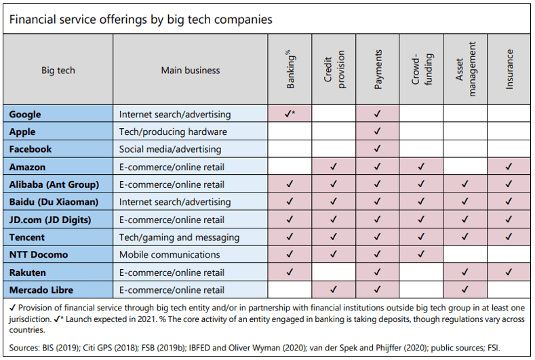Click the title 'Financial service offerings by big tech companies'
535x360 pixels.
click(140, 19)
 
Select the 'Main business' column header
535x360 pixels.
click(191, 70)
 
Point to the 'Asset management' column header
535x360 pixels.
click(465, 69)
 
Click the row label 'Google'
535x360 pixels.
click(25, 114)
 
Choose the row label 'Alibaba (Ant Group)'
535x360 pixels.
click(54, 184)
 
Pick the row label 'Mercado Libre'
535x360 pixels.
click(41, 290)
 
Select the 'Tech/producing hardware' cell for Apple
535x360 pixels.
click(173, 132)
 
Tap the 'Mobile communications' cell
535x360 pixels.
click(170, 255)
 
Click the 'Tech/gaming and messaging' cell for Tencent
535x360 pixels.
click(179, 237)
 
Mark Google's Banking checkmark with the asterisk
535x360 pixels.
click(290, 114)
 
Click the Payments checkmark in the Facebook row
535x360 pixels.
click(377, 149)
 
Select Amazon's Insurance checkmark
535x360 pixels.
click(509, 167)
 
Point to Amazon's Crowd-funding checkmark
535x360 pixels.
click(420, 167)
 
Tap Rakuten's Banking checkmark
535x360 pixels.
click(290, 273)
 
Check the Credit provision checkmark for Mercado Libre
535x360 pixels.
click(333, 290)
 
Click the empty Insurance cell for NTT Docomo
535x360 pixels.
click(509, 255)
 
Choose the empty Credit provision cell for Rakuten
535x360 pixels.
click(333, 273)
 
